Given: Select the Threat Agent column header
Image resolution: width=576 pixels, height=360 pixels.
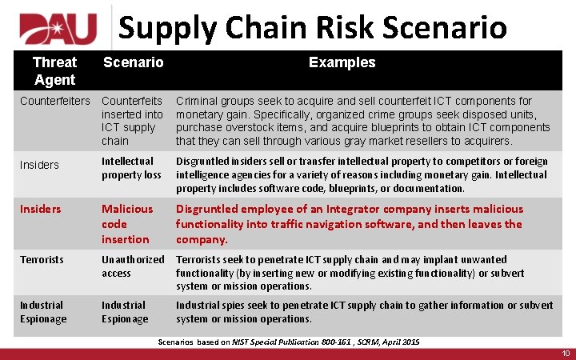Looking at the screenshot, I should pyautogui.click(x=54, y=71).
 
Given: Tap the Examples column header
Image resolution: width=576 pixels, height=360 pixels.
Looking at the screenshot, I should pyautogui.click(x=342, y=62).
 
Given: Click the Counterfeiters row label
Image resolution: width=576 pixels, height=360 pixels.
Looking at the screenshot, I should pyautogui.click(x=55, y=101).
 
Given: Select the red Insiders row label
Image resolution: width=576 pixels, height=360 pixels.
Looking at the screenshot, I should pyautogui.click(x=40, y=209).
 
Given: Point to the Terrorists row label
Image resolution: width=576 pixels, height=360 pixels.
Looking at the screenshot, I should pyautogui.click(x=42, y=259).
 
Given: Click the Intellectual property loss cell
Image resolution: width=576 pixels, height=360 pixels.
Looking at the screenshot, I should pyautogui.click(x=131, y=168).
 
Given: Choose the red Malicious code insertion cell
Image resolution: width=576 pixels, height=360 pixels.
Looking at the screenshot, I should pyautogui.click(x=127, y=224).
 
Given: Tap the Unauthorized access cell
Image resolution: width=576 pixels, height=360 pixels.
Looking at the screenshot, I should pyautogui.click(x=132, y=266).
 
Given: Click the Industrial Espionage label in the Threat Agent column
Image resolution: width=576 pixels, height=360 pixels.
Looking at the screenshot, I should pyautogui.click(x=43, y=311).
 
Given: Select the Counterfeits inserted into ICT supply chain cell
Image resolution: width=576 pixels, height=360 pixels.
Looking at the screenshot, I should pyautogui.click(x=132, y=121).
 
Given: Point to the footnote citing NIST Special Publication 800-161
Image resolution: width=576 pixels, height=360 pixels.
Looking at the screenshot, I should pyautogui.click(x=288, y=342).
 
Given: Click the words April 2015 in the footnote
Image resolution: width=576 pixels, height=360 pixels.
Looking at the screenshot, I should pyautogui.click(x=399, y=342).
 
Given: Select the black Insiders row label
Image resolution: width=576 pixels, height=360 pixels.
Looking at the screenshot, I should pyautogui.click(x=39, y=165).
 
